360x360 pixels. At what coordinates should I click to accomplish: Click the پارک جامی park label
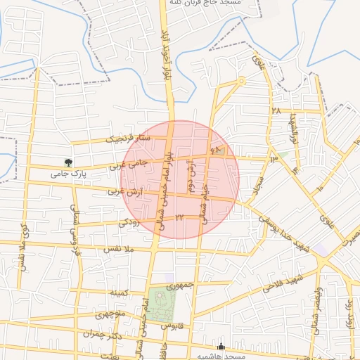click(68, 172)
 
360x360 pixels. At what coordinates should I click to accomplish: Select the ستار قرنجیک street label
click(129, 139)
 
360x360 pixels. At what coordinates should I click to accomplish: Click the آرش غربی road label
click(127, 191)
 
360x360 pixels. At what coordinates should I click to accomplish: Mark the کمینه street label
click(116, 291)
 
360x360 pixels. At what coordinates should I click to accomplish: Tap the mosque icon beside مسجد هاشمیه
click(222, 346)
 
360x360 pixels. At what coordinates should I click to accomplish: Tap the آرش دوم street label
click(190, 176)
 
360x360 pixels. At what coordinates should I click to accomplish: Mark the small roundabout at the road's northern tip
click(241, 81)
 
